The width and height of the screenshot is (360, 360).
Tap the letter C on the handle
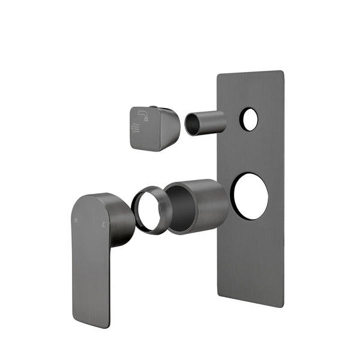(104, 225)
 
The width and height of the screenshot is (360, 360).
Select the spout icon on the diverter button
(143, 114)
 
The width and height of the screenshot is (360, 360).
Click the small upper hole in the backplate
(249, 119)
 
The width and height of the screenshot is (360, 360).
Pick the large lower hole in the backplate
(249, 195)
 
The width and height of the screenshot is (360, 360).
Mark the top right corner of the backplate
(282, 72)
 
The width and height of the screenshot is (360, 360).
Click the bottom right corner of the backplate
(282, 307)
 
